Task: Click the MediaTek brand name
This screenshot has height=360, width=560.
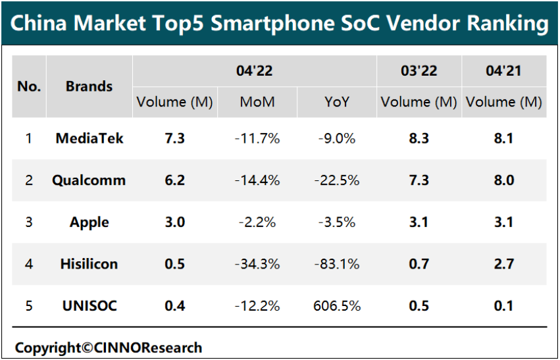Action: pos(89,138)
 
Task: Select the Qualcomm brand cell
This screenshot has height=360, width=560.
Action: pos(89,180)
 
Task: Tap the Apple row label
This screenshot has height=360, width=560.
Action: pos(89,222)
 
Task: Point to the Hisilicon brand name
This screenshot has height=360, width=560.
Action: pos(89,264)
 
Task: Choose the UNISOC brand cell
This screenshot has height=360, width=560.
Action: pos(89,306)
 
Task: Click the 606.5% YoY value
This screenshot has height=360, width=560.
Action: pos(338,306)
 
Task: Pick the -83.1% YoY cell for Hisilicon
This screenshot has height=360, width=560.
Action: pos(338,264)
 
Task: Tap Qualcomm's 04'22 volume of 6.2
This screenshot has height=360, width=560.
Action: pos(174,180)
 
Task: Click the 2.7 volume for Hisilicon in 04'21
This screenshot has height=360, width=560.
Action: pos(503,264)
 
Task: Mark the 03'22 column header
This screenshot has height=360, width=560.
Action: pos(419,70)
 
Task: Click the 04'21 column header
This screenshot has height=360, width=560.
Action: pos(503,70)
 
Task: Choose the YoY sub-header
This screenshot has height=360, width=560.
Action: pos(338,102)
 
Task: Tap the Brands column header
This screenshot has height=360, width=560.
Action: pos(89,86)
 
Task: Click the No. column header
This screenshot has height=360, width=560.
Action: pos(29,86)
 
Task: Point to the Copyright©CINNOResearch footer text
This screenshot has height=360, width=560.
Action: pos(109,347)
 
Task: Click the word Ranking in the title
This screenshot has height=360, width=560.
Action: pos(507,24)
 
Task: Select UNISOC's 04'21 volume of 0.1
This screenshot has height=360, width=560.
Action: pos(503,306)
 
